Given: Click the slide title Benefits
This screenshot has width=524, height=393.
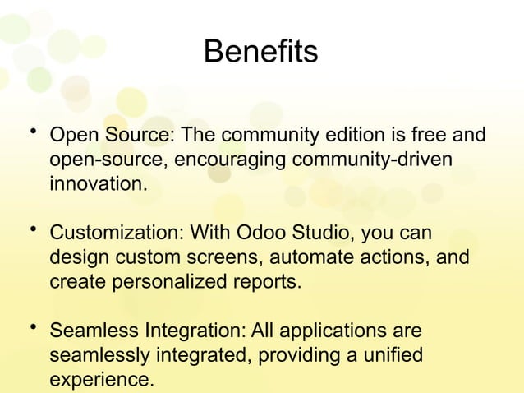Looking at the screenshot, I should pyautogui.click(x=260, y=53).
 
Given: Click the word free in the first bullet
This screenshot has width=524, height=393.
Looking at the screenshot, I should pyautogui.click(x=432, y=135).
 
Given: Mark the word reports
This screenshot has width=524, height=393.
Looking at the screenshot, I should pyautogui.click(x=267, y=283).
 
